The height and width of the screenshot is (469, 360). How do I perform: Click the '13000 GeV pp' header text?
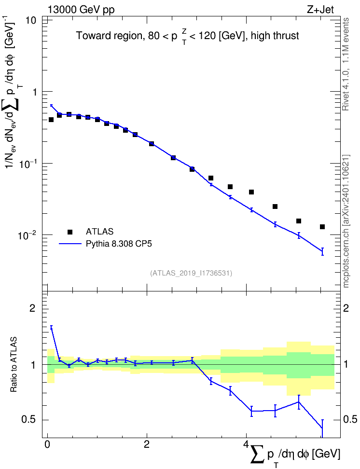tap(81, 10)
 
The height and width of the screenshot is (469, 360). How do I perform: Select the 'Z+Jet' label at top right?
tap(320, 10)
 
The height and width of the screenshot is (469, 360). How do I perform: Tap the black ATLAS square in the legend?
tap(70, 232)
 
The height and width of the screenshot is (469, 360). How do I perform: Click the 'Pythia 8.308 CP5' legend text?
tap(119, 244)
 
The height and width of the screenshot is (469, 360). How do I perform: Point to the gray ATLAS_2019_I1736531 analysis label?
tap(191, 273)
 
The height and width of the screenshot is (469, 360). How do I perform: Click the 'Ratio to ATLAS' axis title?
tap(13, 364)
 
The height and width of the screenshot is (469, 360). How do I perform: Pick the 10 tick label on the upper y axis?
tap(30, 21)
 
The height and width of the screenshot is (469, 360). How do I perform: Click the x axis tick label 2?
tap(147, 444)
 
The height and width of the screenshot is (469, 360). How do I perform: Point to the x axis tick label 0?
tap(47, 444)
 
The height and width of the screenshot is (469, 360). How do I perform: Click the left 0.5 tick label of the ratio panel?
tap(28, 420)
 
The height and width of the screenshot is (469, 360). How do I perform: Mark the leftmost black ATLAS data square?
tap(51, 120)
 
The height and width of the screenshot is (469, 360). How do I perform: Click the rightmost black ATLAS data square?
tap(322, 227)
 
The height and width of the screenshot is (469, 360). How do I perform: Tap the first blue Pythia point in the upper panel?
tap(51, 105)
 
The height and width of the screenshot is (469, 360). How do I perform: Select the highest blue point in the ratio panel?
tap(51, 327)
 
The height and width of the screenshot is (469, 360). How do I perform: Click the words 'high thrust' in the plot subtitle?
tap(275, 36)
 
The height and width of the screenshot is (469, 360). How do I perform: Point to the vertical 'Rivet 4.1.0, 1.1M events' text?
tap(346, 64)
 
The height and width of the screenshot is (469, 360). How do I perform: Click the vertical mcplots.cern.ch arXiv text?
tap(346, 221)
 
